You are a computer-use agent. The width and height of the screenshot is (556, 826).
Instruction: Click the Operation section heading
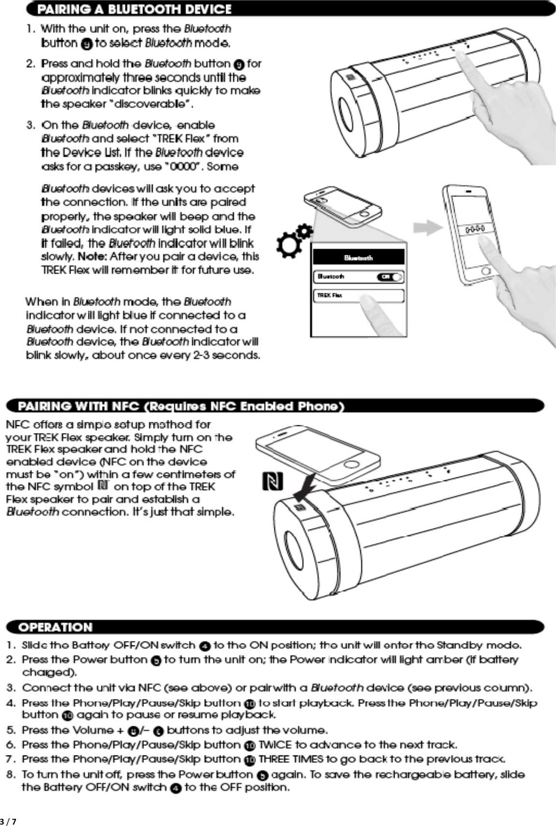pyautogui.click(x=55, y=627)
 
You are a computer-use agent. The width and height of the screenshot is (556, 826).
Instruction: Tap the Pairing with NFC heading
pyautogui.click(x=181, y=406)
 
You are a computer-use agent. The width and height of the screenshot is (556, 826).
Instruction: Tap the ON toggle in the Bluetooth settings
pyautogui.click(x=390, y=277)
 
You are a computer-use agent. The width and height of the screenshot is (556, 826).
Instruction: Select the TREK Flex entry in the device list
pyautogui.click(x=358, y=295)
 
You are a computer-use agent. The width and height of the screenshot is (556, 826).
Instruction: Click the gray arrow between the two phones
pyautogui.click(x=428, y=227)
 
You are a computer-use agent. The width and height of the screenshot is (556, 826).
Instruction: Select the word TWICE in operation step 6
pyautogui.click(x=275, y=745)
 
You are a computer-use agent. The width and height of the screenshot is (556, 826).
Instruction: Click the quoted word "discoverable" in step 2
pyautogui.click(x=160, y=104)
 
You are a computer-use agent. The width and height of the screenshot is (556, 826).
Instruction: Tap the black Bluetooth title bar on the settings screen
pyautogui.click(x=358, y=257)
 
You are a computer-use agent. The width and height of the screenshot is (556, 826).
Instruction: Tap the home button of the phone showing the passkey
pyautogui.click(x=486, y=270)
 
